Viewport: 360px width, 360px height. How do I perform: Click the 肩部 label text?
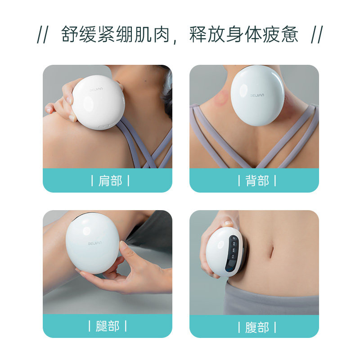110,181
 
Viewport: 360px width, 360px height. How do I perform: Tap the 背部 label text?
257,181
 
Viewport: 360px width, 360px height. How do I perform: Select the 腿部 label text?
108,326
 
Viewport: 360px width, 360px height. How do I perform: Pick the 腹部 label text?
257,327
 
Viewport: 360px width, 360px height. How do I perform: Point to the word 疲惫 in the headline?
280,35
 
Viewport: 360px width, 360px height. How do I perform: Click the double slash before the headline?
43,35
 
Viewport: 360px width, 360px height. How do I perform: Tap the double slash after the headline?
317,35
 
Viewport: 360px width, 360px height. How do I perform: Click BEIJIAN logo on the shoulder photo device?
96,89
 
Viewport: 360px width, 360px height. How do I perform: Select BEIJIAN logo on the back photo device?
257,95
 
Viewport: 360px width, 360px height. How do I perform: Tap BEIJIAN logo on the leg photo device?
95,243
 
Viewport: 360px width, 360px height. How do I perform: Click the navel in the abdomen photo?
272,252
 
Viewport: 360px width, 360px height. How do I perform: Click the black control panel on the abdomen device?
232,252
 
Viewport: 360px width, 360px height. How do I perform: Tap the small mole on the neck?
145,81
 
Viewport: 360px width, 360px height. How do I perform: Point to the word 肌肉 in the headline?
152,35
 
